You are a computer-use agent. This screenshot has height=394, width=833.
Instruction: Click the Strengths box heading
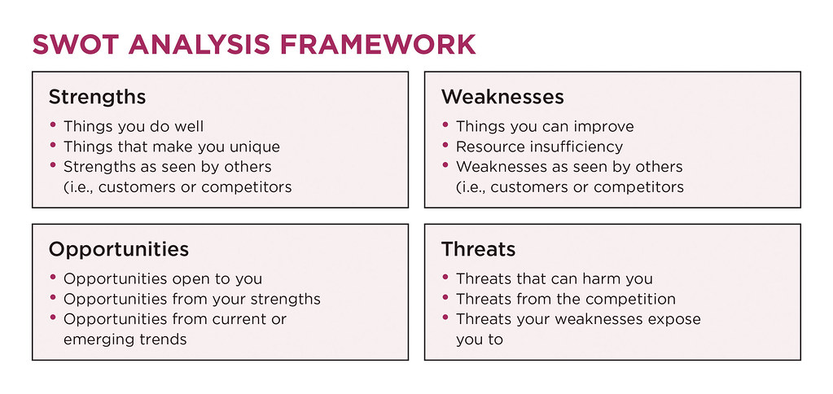pos(97,97)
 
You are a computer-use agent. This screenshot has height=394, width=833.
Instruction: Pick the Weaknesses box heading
pos(502,97)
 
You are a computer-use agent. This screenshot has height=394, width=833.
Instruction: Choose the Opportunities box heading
pos(119,249)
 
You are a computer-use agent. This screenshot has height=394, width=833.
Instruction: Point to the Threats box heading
pos(478,249)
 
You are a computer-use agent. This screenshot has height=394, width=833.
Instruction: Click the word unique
pos(252,147)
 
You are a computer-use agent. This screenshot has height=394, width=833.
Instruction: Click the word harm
pos(603,279)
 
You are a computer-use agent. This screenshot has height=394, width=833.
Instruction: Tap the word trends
pos(161,339)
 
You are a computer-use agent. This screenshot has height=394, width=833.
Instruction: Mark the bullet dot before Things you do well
pos(54,126)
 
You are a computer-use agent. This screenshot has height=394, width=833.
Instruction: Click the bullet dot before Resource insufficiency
pos(446,147)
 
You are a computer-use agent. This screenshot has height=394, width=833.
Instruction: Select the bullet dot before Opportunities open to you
pos(54,278)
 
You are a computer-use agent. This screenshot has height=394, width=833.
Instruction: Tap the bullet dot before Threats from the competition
pos(446,299)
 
